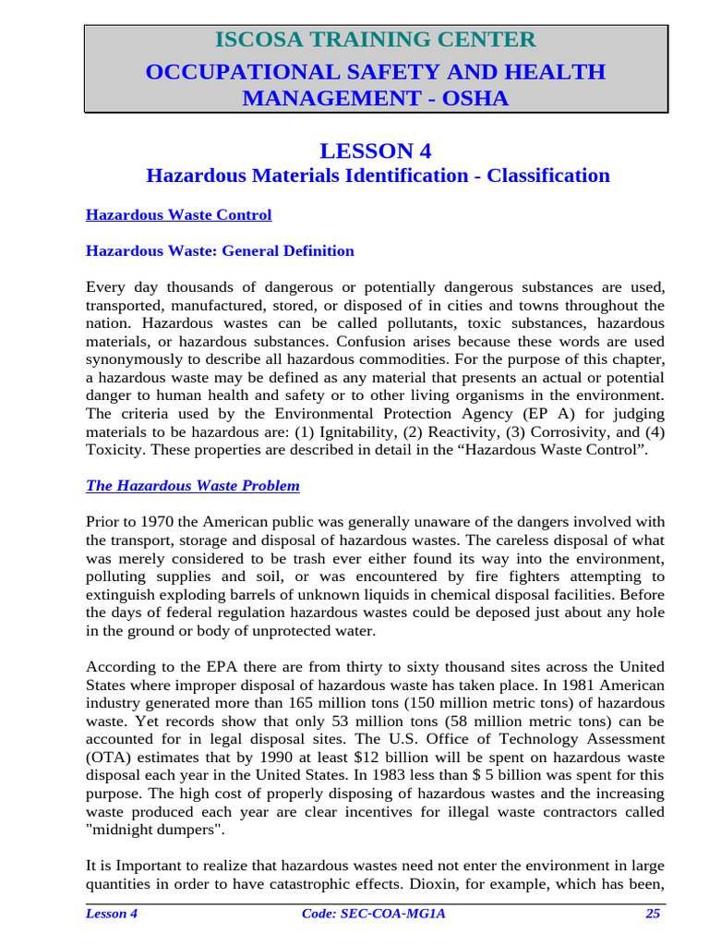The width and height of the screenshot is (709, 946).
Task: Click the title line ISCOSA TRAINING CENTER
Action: pyautogui.click(x=375, y=40)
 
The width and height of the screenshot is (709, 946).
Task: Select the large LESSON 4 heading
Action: pyautogui.click(x=375, y=151)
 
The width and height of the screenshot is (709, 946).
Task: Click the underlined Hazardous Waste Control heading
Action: pyautogui.click(x=178, y=215)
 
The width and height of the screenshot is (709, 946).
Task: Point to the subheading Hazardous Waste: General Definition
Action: pyautogui.click(x=220, y=251)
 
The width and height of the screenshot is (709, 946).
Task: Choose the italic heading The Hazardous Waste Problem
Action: pyautogui.click(x=192, y=486)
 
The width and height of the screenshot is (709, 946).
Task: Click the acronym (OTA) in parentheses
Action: pyautogui.click(x=102, y=756)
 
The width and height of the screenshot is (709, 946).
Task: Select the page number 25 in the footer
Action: pyautogui.click(x=654, y=915)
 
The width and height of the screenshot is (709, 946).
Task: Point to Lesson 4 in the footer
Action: pyautogui.click(x=112, y=915)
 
